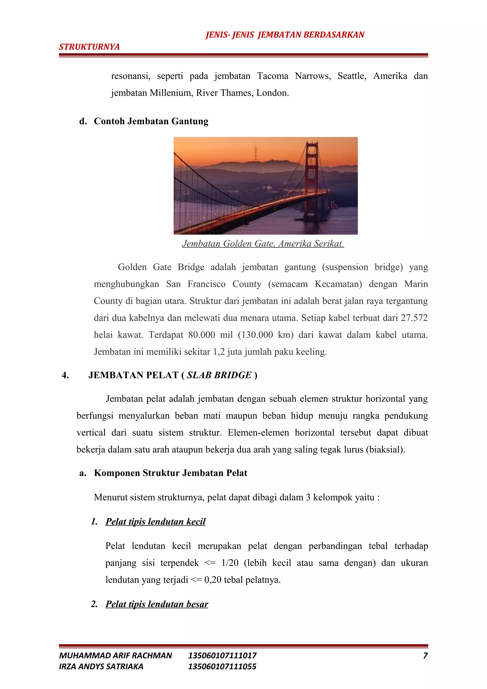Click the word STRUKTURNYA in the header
pos(89,47)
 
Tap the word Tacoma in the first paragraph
pos(272,76)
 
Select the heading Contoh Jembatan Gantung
pos(151,121)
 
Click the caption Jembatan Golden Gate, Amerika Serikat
pos(263,243)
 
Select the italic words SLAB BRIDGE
pos(219,375)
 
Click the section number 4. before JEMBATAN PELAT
pos(65,375)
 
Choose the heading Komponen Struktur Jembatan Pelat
pos(170,473)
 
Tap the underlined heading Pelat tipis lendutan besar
pos(157,604)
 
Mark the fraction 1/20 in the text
pos(230,563)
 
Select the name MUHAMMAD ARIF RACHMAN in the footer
pos(116,655)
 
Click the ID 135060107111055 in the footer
pos(222,666)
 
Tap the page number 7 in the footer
pos(425,655)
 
